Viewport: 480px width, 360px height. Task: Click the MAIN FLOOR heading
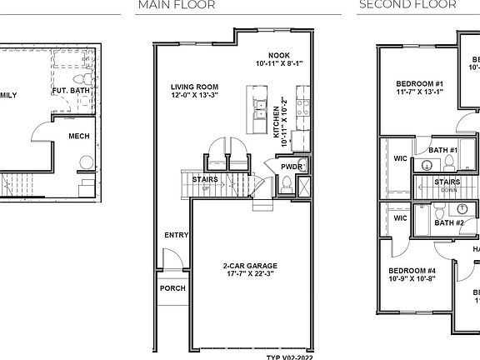click(176, 5)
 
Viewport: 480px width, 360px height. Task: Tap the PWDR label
click(292, 167)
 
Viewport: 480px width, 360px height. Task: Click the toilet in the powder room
click(286, 187)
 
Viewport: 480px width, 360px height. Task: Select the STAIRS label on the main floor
click(206, 179)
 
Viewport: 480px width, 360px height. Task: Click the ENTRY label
click(176, 235)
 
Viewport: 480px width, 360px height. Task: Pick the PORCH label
click(173, 289)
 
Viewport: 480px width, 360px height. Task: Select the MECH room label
click(79, 136)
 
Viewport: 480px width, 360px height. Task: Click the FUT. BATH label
click(71, 89)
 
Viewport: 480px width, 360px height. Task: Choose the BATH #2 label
click(450, 222)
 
